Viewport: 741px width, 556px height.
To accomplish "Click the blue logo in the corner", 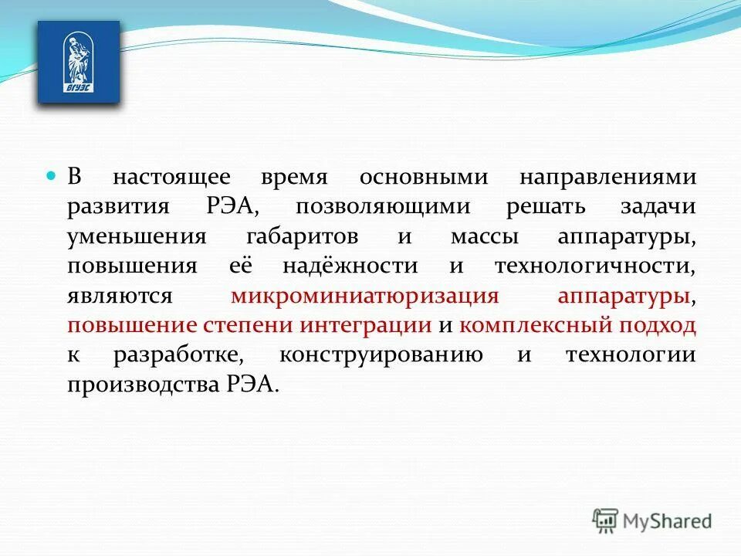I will (x=79, y=62).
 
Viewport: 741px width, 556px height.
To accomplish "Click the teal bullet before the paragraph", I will (x=52, y=177).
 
